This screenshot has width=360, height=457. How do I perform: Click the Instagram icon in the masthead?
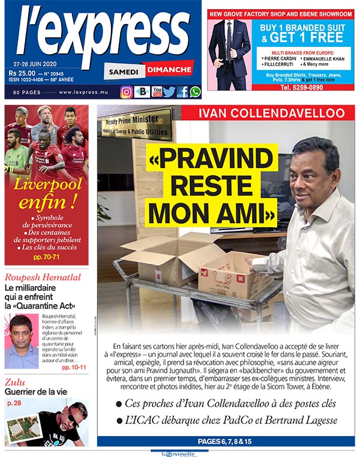click(127, 92)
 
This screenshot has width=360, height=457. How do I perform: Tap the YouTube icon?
click(157, 92)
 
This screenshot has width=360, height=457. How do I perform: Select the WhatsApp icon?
click(195, 92)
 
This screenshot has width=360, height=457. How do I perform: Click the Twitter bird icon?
click(170, 92)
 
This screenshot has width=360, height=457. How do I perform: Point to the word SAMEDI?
click(124, 71)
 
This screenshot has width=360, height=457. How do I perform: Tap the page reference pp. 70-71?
click(46, 257)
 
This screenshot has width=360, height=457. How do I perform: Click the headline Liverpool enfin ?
click(46, 194)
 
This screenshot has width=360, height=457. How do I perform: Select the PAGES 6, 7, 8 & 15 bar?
click(226, 441)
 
